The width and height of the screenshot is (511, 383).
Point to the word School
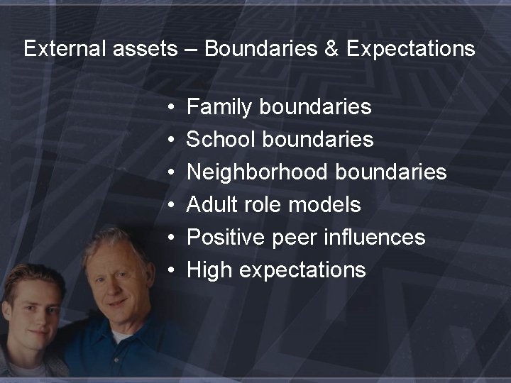click(220, 140)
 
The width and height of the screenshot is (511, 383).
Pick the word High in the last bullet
click(209, 270)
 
